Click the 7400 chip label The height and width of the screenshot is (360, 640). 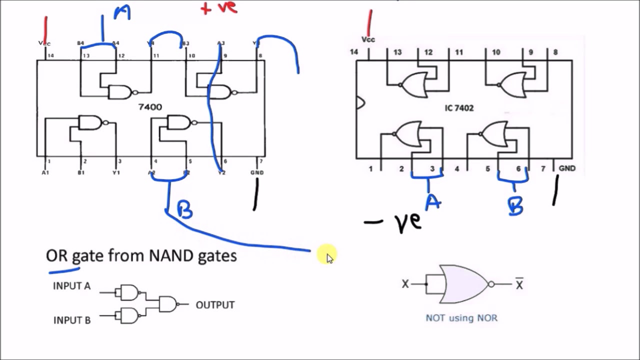[150, 107]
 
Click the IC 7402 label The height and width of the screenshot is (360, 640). [458, 108]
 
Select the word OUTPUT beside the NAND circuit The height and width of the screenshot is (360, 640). [215, 305]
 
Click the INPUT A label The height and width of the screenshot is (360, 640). [71, 286]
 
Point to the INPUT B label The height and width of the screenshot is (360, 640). [72, 320]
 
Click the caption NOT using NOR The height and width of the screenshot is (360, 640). [461, 318]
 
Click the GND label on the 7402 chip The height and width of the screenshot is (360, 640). [567, 168]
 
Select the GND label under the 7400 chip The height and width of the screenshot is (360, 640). [257, 172]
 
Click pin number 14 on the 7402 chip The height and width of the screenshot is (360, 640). [354, 52]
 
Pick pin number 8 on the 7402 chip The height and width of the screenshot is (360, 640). [555, 52]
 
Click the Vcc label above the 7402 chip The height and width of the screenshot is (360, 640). [368, 39]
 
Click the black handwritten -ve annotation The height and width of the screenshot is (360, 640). [395, 222]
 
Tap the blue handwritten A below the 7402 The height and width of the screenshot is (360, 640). [433, 202]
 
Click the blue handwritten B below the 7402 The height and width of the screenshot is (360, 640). [515, 205]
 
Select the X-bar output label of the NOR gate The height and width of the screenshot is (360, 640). [519, 284]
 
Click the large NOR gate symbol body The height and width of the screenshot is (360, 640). [462, 284]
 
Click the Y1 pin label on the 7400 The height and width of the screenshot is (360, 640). [116, 172]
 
